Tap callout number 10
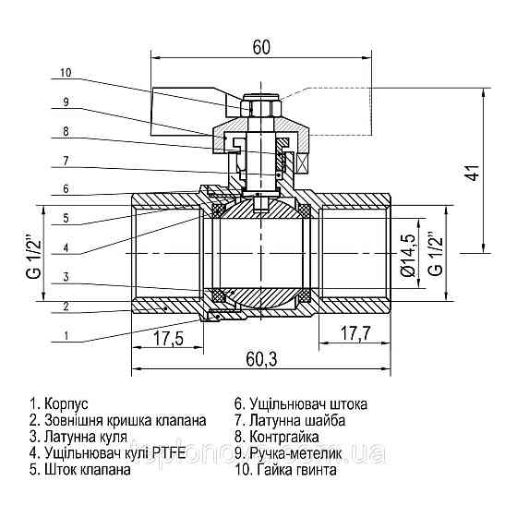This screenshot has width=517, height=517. [65, 72]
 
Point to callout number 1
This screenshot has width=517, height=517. [65, 336]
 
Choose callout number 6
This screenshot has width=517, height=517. [65, 189]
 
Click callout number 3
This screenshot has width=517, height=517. [65, 276]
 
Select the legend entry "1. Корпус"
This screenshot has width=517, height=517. [59, 404]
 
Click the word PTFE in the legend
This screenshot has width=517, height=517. [170, 453]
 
